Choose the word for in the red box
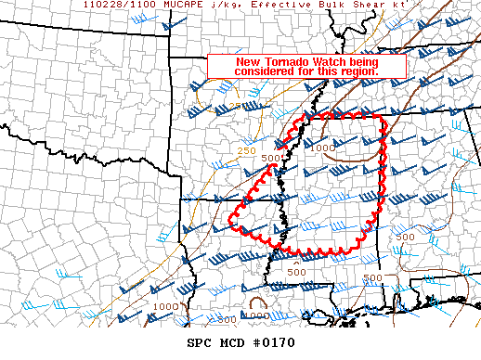point(306,71)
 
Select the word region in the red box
point(360,71)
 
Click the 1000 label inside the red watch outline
point(324,148)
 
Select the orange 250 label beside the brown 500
point(246,151)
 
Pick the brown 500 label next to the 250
point(270,159)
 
